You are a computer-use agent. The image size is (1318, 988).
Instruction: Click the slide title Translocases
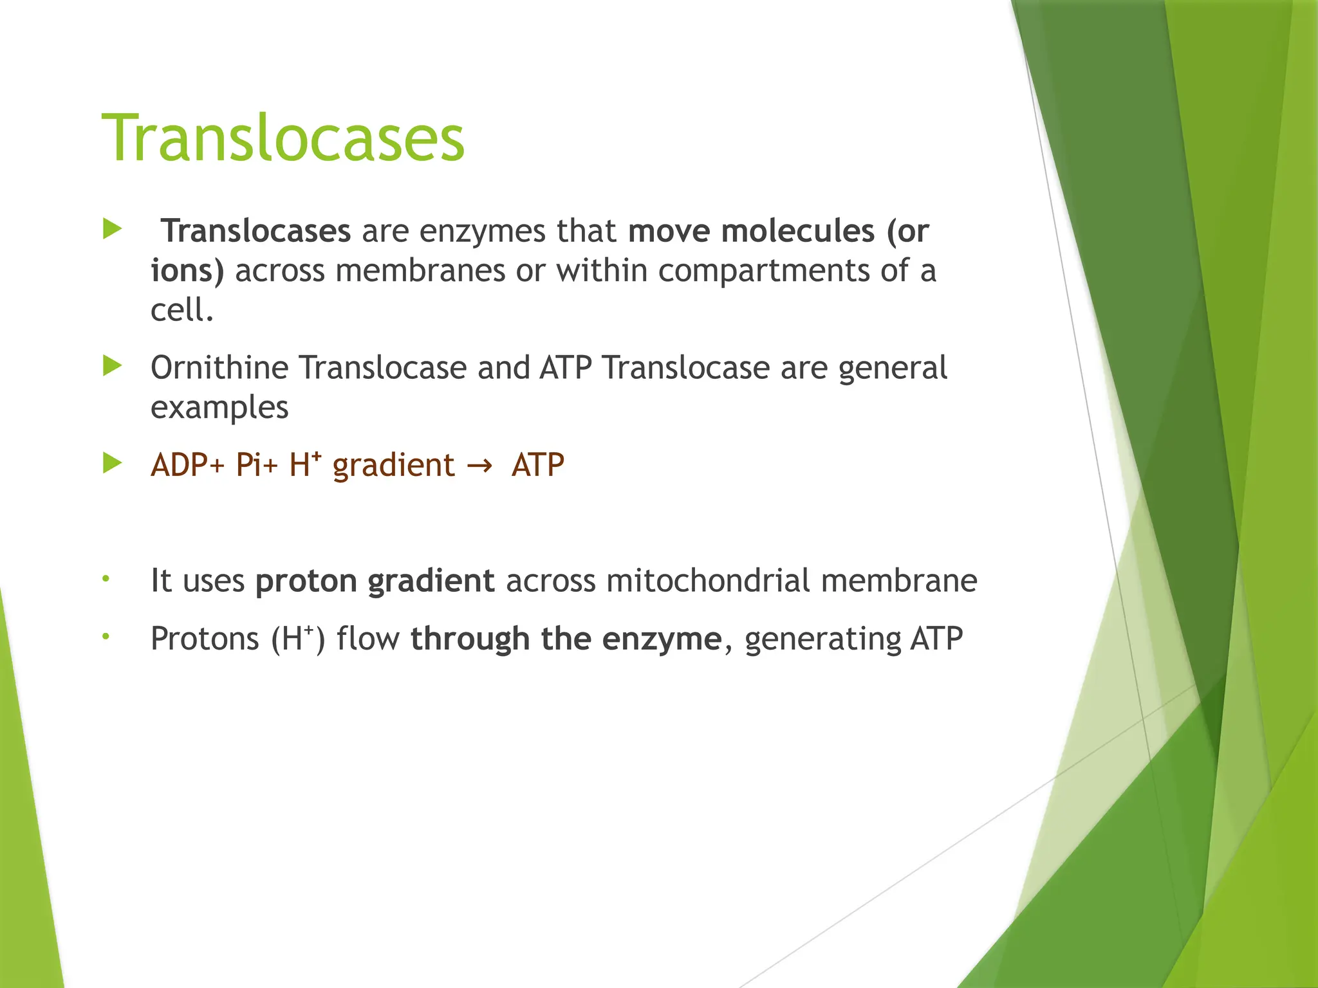283,139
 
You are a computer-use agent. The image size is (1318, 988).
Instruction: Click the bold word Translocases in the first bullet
255,231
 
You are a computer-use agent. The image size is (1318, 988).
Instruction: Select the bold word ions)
187,270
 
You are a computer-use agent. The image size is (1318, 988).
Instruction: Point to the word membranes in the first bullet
420,270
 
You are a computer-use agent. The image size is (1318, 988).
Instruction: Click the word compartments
763,270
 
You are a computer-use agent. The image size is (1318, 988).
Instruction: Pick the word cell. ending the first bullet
181,310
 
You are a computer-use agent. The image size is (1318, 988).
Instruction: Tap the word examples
219,408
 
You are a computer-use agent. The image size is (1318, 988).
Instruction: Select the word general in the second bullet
892,368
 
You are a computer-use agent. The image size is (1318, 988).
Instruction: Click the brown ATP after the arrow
537,465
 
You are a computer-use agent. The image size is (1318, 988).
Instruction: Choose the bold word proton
306,581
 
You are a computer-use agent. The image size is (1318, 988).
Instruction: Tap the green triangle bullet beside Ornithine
112,367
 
